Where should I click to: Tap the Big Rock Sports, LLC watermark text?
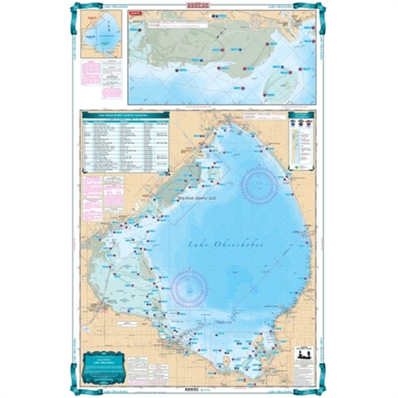tap(198, 198)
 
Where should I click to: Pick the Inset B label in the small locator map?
tap(91, 37)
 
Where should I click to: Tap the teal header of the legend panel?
tap(301, 115)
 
